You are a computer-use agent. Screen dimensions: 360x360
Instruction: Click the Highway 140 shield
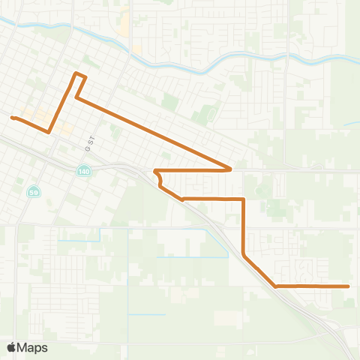point(80,172)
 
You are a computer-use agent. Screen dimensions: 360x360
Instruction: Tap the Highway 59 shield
point(34,192)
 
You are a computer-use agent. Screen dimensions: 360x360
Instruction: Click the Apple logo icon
point(12,347)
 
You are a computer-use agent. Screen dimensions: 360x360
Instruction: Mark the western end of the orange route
point(12,117)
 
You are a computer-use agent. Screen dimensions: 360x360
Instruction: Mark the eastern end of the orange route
point(349,286)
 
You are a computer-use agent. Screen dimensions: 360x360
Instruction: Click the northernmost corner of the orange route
point(75,73)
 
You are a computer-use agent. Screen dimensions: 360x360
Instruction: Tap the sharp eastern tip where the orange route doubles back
point(230,169)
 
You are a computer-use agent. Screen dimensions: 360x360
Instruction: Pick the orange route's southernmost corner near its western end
point(49,132)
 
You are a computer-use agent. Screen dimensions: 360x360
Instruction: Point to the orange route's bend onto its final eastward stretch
point(276,286)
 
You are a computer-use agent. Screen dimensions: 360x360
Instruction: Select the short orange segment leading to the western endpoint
point(30,124)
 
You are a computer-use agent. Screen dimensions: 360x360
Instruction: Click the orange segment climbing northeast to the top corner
point(62,103)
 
